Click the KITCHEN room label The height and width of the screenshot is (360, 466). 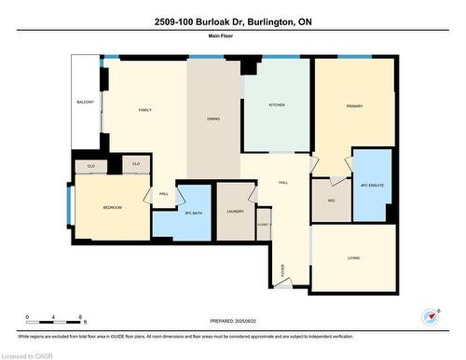point(277,104)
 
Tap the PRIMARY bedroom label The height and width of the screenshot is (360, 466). point(355,105)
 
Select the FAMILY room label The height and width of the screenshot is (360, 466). point(145,110)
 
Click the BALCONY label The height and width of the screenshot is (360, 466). point(85,102)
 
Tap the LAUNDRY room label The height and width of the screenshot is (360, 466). point(235,212)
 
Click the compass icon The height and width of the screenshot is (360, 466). point(431,315)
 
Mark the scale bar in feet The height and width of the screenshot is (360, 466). point(55,319)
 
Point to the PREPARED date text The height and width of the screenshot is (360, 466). point(233,322)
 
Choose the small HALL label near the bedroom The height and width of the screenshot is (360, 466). point(163,194)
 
